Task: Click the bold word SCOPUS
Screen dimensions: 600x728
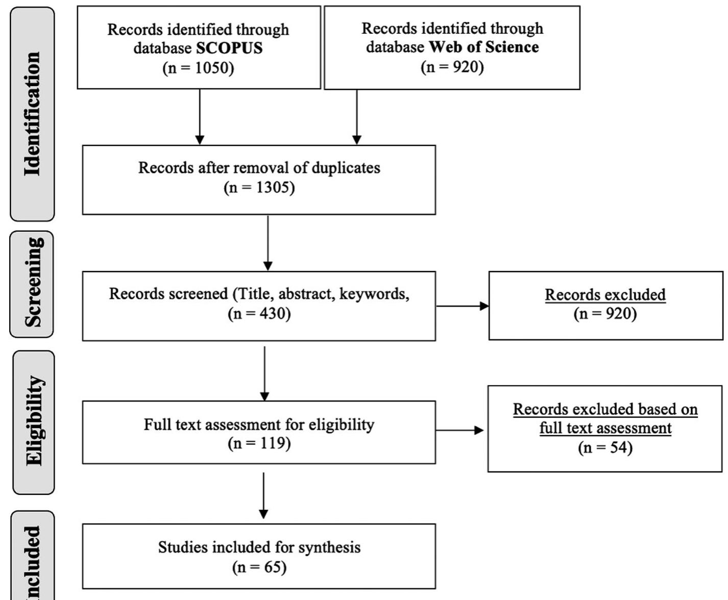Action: [x=229, y=48]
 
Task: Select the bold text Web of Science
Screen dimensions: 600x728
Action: [x=483, y=47]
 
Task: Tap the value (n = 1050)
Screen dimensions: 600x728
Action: [x=198, y=68]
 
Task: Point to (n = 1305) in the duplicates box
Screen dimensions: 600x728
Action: [x=259, y=188]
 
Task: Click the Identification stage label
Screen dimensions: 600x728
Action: [x=32, y=114]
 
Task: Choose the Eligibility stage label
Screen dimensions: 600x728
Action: [x=33, y=421]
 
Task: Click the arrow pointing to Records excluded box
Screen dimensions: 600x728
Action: [x=462, y=306]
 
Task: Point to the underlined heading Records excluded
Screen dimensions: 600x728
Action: [x=605, y=295]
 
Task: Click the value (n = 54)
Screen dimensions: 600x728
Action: [x=605, y=447]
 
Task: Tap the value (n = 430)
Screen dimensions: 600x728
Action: [x=259, y=313]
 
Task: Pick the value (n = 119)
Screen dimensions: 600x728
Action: [x=259, y=443]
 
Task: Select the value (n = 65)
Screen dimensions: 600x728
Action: [x=259, y=567]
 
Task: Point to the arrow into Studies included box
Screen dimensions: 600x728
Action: [x=263, y=495]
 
